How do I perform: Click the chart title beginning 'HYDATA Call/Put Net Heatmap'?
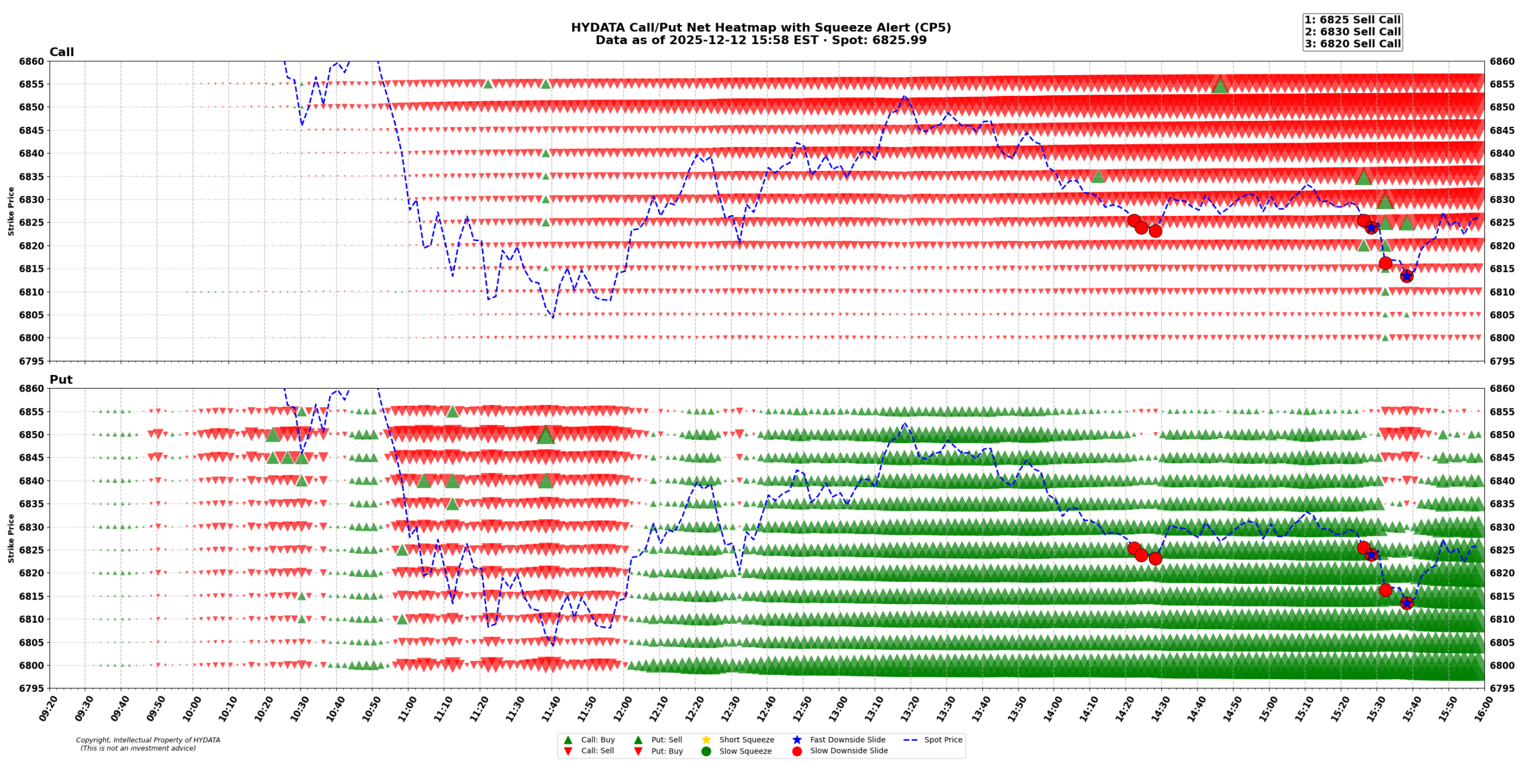pos(760,27)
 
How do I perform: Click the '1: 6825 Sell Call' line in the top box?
pos(1352,20)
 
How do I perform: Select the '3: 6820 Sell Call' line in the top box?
pos(1352,43)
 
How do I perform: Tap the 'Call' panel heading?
pos(61,52)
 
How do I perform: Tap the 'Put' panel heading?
pos(61,379)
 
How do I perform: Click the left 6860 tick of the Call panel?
pos(32,61)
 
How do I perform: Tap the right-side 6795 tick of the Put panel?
pos(1502,688)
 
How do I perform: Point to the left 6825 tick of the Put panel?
pos(32,550)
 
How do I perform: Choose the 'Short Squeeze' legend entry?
pos(746,739)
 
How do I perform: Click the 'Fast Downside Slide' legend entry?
pos(847,739)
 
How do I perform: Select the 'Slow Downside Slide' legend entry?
pos(848,751)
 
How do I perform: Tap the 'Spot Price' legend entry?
pos(942,739)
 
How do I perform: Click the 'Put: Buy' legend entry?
pos(666,751)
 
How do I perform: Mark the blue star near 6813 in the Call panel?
pos(1406,276)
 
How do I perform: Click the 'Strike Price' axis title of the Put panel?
pos(11,538)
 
